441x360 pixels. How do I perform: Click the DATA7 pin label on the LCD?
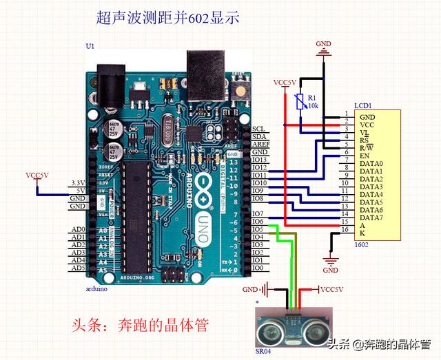(x=371, y=217)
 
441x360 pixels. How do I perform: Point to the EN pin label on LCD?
(x=365, y=156)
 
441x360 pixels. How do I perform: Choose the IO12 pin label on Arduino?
(x=259, y=167)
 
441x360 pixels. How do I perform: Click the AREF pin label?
(x=260, y=144)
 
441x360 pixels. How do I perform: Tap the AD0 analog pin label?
(x=78, y=230)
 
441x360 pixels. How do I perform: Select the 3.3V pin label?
(x=78, y=182)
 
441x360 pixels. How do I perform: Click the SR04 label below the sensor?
(x=264, y=351)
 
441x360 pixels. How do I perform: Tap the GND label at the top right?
(x=323, y=45)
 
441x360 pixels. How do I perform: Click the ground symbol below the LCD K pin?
(x=331, y=260)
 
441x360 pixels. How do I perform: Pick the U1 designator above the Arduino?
(x=90, y=45)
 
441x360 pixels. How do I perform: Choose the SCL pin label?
(x=258, y=129)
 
